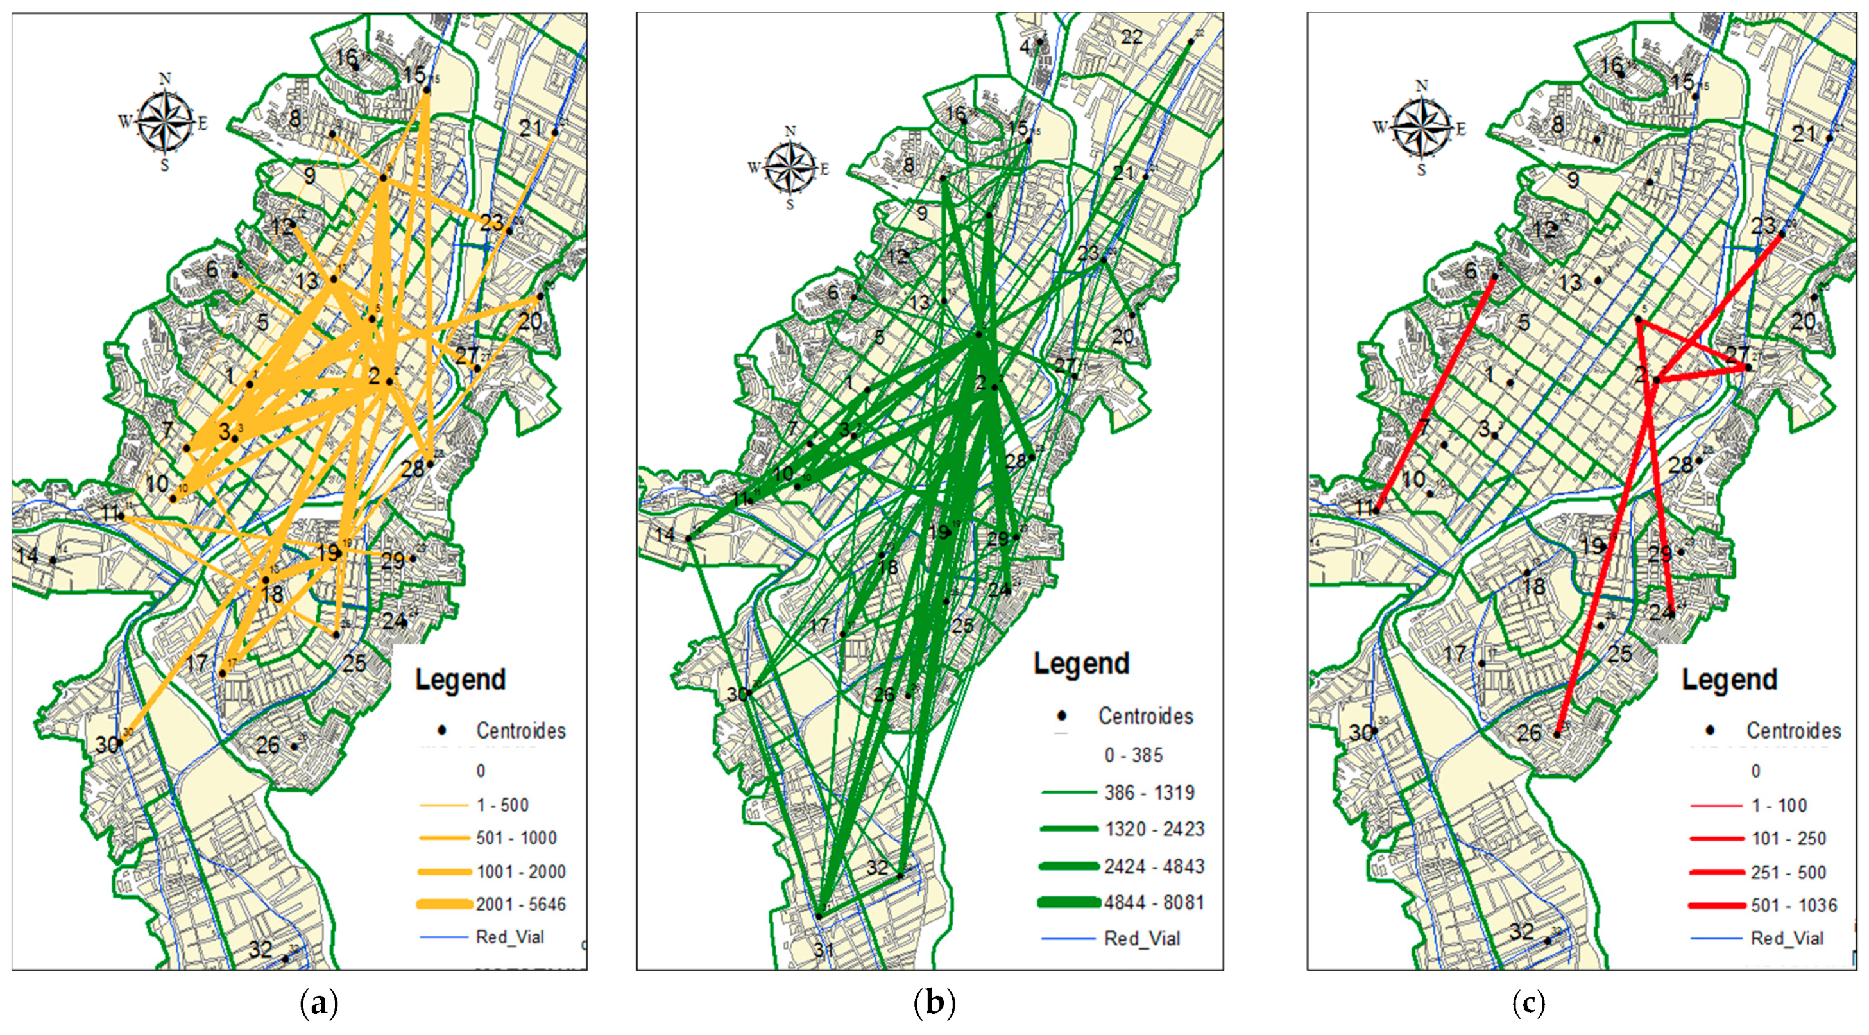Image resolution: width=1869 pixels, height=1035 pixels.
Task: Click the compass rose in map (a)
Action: (x=166, y=121)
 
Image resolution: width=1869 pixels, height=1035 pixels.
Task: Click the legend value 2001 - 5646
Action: (x=520, y=904)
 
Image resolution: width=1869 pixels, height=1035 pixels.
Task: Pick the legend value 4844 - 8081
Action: (x=1154, y=903)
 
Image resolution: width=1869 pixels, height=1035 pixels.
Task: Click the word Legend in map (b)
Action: (x=1081, y=663)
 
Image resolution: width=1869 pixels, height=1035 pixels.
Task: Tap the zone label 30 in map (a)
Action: (x=107, y=745)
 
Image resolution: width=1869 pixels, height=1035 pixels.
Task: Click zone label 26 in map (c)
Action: (x=1529, y=732)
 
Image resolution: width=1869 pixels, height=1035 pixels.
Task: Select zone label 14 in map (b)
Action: (x=665, y=535)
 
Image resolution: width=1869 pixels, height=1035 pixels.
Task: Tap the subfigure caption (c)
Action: (x=1529, y=1004)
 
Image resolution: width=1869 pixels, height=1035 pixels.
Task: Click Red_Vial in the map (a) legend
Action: (x=509, y=937)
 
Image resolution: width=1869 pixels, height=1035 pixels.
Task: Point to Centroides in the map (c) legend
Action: (x=1793, y=730)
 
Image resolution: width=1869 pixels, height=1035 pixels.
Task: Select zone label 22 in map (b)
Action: (x=1132, y=37)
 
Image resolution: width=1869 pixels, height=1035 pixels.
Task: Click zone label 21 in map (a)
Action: (x=531, y=128)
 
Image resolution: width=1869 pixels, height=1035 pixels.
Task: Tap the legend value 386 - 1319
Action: (x=1149, y=792)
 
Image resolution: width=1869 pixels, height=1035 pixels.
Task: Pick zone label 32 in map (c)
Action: (x=1521, y=931)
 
